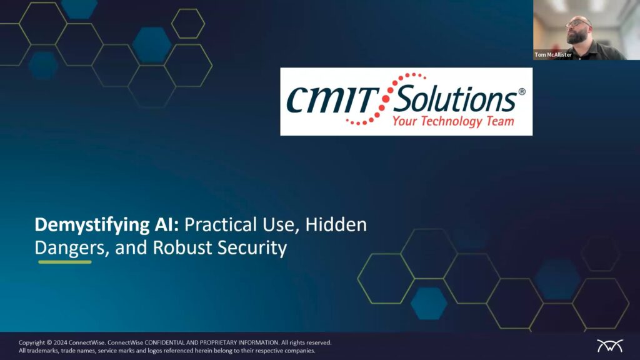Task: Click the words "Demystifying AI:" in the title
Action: pyautogui.click(x=106, y=225)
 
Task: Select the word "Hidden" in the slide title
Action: pyautogui.click(x=336, y=224)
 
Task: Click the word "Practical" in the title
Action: pyautogui.click(x=221, y=224)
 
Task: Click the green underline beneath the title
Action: pyautogui.click(x=65, y=262)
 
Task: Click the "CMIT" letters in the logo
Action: pyautogui.click(x=331, y=101)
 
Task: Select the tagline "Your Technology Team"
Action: pyautogui.click(x=453, y=121)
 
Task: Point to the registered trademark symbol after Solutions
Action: pyautogui.click(x=522, y=92)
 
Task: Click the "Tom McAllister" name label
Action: pyautogui.click(x=553, y=55)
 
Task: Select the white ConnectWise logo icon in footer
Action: pyautogui.click(x=610, y=346)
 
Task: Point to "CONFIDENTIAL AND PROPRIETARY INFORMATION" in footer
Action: pyautogui.click(x=212, y=343)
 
